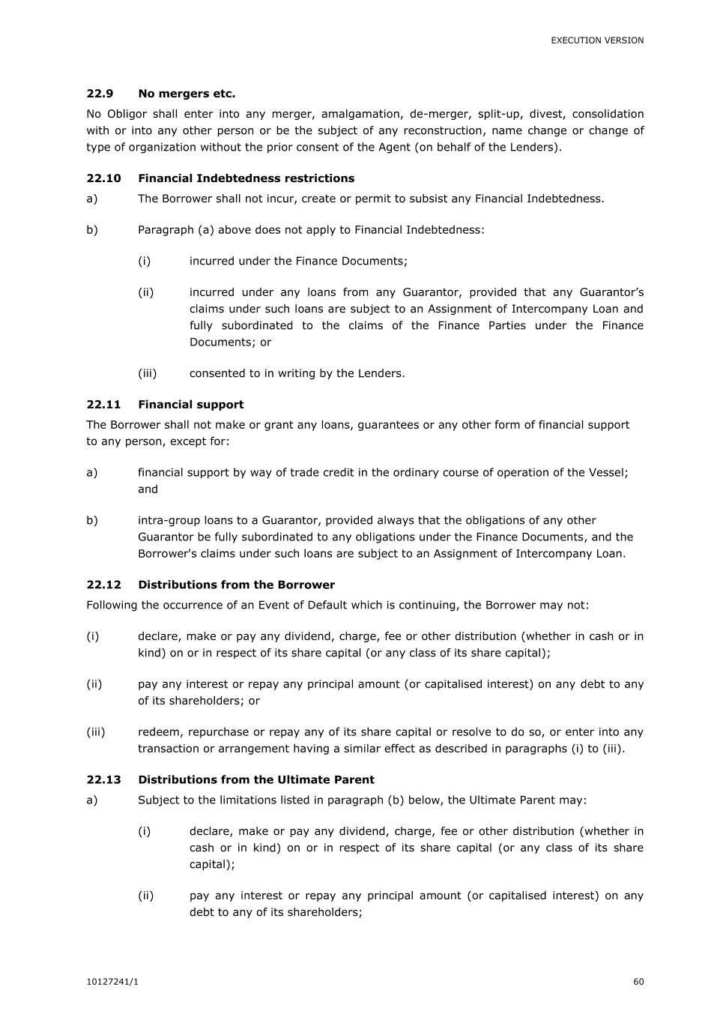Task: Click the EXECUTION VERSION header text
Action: click(x=597, y=40)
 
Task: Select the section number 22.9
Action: click(x=100, y=94)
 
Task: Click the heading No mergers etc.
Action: click(x=187, y=94)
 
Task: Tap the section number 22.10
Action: click(x=103, y=178)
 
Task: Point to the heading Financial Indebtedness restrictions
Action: click(x=246, y=178)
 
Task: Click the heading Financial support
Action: click(x=190, y=405)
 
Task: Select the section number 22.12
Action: click(x=103, y=585)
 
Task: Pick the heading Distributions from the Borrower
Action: click(x=236, y=585)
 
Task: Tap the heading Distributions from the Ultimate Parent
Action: click(x=255, y=779)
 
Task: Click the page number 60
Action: click(x=638, y=982)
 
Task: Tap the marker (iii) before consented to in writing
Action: click(x=147, y=373)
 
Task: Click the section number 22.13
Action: click(x=103, y=779)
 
